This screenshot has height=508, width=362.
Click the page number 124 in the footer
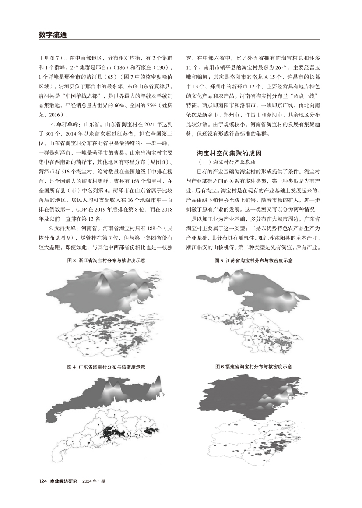[x=42, y=481]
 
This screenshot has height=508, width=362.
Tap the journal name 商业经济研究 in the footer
[x=63, y=481]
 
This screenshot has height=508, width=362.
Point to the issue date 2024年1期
[x=93, y=481]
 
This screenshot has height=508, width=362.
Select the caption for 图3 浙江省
[x=106, y=260]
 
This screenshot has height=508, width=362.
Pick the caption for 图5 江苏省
[x=253, y=260]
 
